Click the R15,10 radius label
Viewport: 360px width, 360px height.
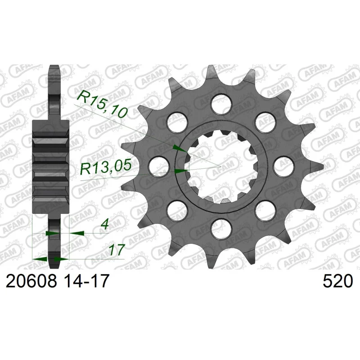click(x=102, y=104)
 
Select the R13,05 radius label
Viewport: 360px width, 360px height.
click(x=105, y=167)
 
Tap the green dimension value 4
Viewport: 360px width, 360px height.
click(x=105, y=225)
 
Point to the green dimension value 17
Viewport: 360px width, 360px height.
click(x=116, y=250)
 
